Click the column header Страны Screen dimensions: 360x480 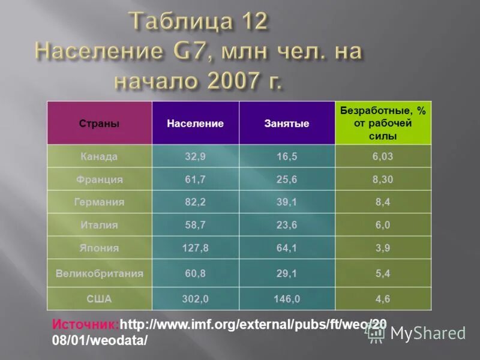pyautogui.click(x=99, y=124)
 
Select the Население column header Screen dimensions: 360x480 pyautogui.click(x=195, y=124)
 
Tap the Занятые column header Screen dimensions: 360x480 pyautogui.click(x=287, y=124)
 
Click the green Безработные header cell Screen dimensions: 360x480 pyautogui.click(x=383, y=123)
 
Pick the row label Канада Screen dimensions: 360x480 pyautogui.click(x=99, y=157)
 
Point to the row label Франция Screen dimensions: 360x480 pyautogui.click(x=99, y=179)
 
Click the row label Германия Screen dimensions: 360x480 pyautogui.click(x=99, y=202)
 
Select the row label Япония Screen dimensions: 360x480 pyautogui.click(x=99, y=248)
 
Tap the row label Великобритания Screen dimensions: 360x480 pyautogui.click(x=99, y=274)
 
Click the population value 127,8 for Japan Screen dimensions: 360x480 pyautogui.click(x=195, y=248)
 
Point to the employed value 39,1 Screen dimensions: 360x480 pyautogui.click(x=287, y=202)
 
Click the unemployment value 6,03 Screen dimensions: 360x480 pyautogui.click(x=383, y=157)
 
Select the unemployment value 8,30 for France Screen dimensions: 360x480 pyautogui.click(x=383, y=179)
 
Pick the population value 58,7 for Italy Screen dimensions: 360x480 pyautogui.click(x=195, y=225)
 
